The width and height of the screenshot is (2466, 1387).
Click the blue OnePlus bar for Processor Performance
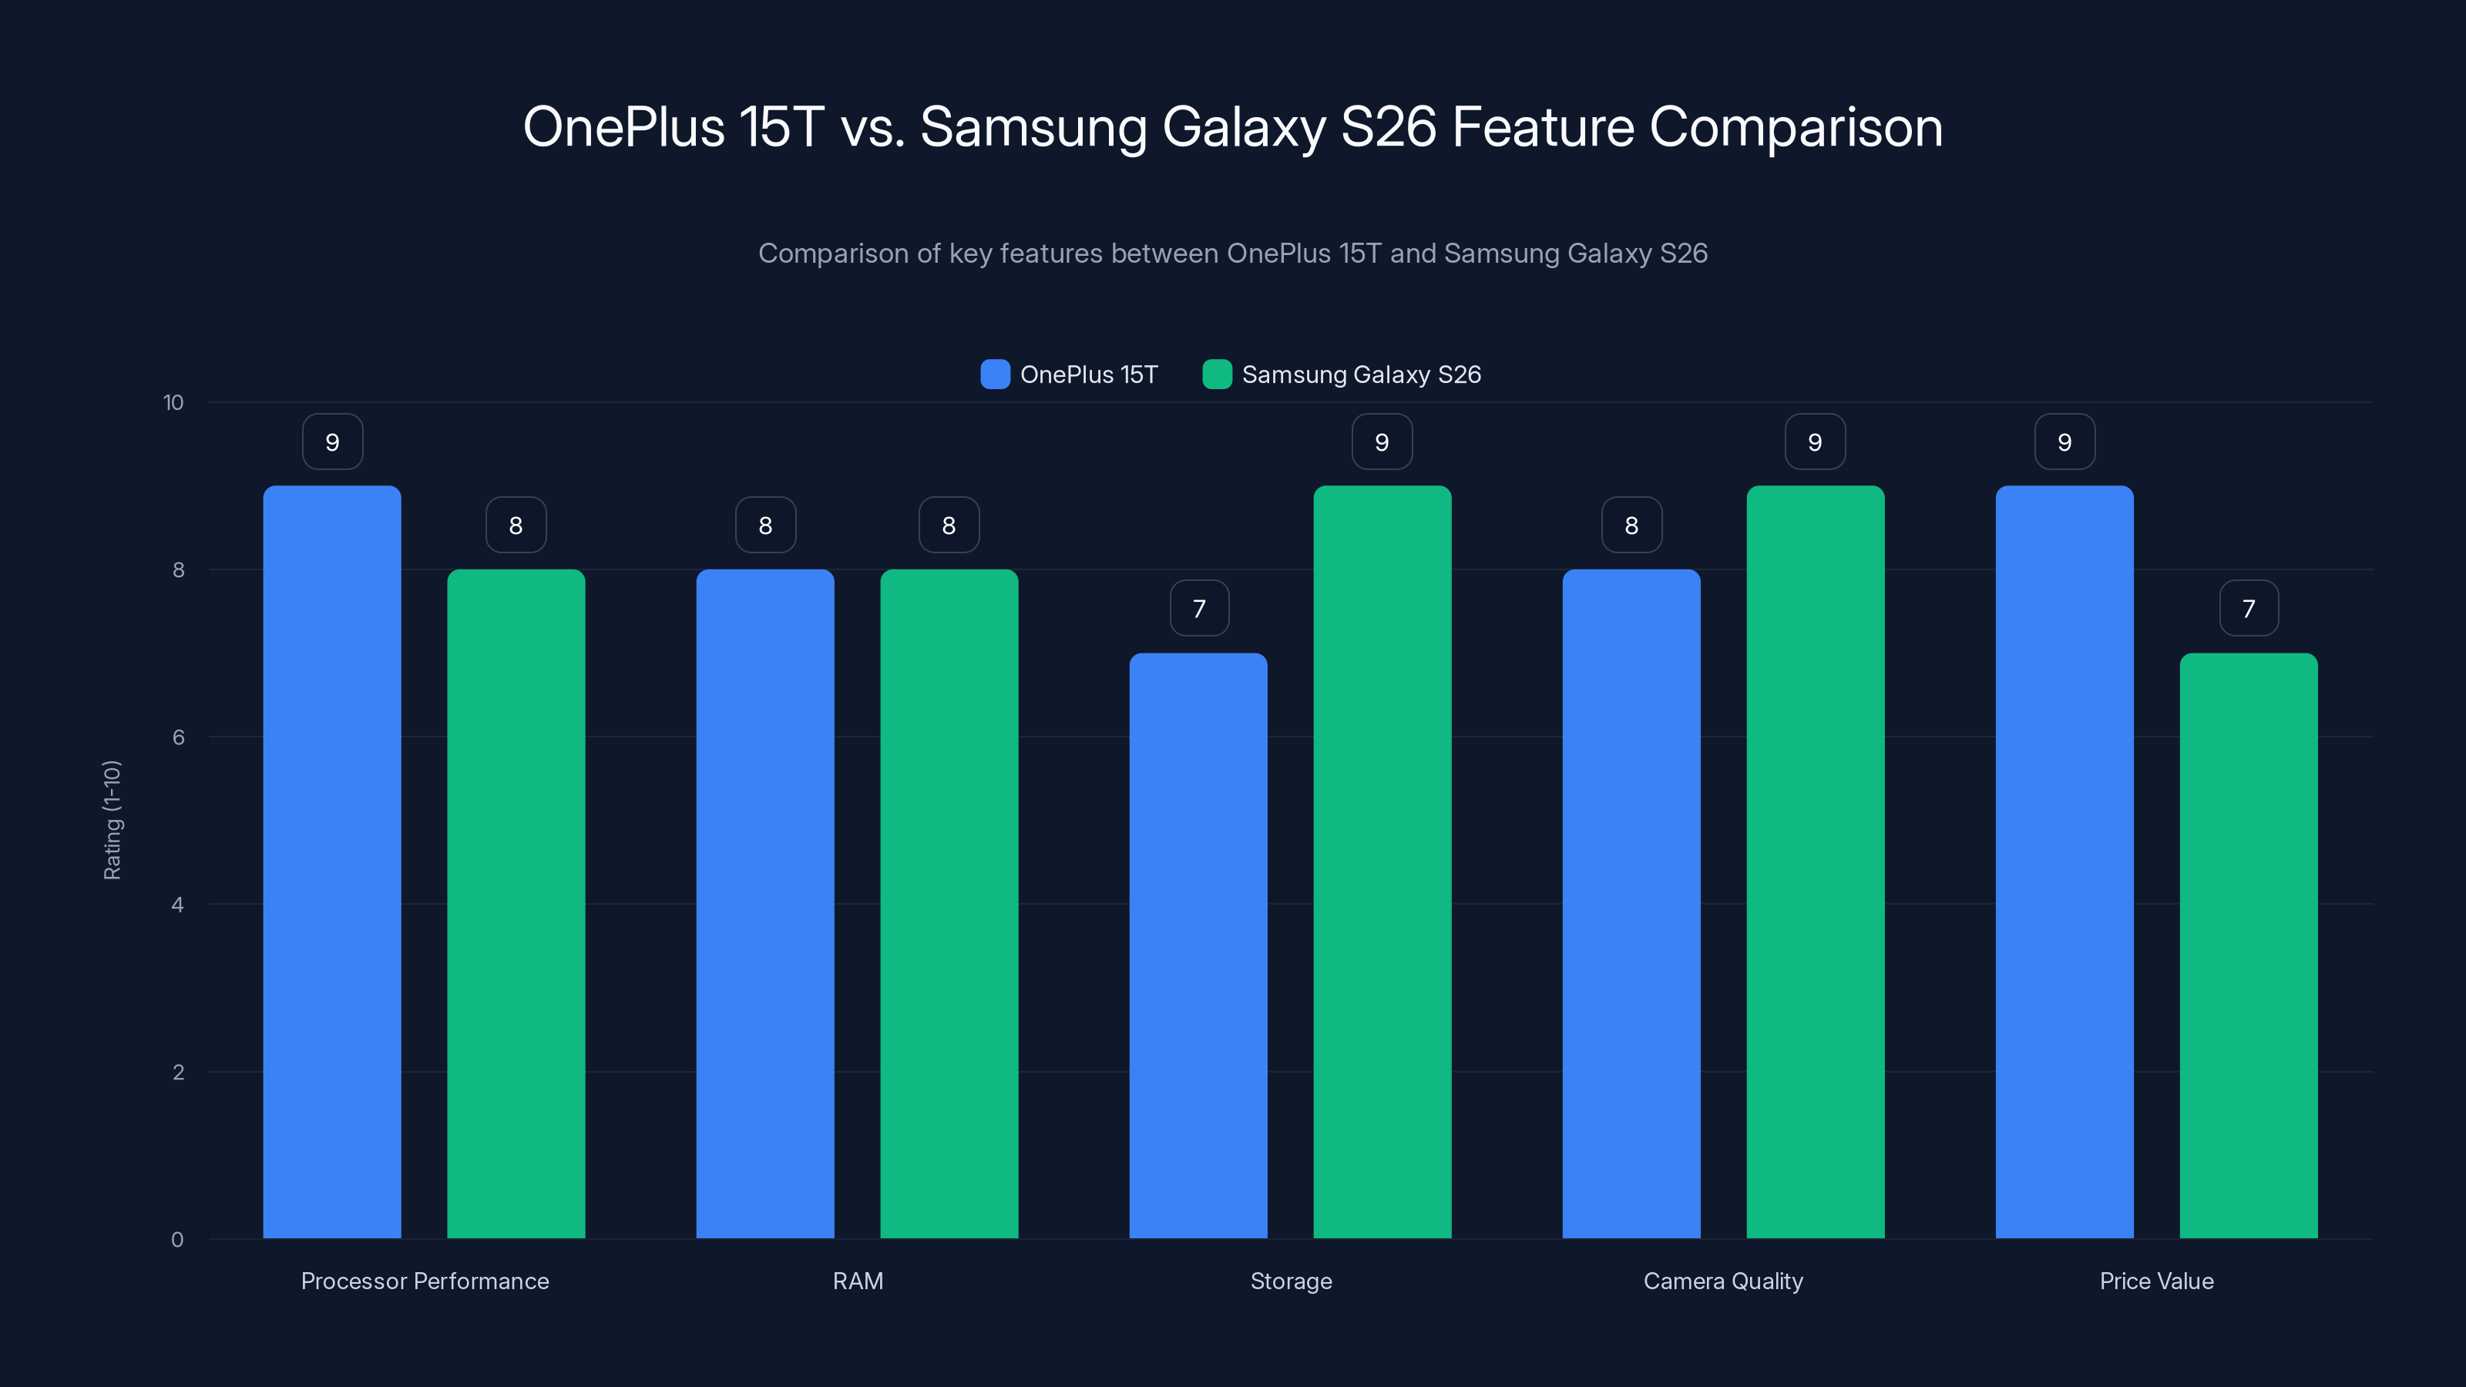(x=332, y=861)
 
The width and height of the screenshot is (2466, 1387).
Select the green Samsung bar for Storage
(x=1382, y=861)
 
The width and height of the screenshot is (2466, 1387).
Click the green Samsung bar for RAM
(x=949, y=904)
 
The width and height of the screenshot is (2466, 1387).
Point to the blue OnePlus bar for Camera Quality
(x=1631, y=904)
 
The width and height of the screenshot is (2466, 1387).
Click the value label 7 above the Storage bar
(x=1198, y=608)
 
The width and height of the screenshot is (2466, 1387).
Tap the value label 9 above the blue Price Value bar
(x=2064, y=442)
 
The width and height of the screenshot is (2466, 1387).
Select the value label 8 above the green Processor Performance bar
(x=516, y=525)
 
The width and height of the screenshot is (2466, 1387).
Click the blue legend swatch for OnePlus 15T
(x=995, y=374)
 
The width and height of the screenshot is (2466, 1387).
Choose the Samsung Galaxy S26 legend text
(x=1360, y=374)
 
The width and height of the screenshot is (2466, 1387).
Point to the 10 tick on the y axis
(x=173, y=402)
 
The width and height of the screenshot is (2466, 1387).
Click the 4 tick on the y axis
(x=177, y=905)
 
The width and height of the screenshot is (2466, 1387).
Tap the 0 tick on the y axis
(x=177, y=1240)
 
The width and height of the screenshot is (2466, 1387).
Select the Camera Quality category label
(x=1722, y=1281)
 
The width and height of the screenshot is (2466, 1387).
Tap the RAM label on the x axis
(x=858, y=1281)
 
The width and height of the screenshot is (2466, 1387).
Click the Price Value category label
(x=2156, y=1281)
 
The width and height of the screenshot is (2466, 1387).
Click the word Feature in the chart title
(x=1542, y=127)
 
